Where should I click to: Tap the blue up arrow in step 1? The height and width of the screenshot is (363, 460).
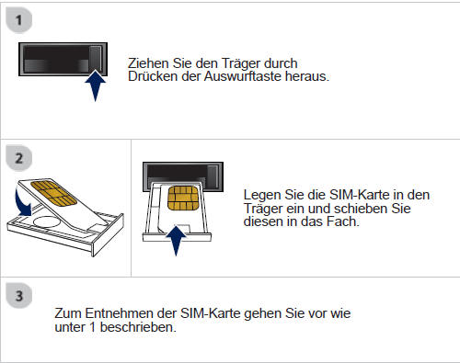point(93,90)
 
